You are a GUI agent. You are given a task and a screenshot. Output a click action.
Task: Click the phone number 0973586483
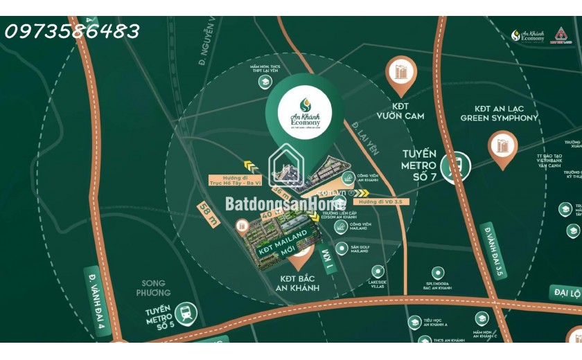pyautogui.click(x=71, y=31)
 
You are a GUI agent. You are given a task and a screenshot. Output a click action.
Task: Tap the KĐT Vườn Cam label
pyautogui.click(x=400, y=111)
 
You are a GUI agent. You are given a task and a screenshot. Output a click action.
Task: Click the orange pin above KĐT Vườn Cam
pyautogui.click(x=401, y=73)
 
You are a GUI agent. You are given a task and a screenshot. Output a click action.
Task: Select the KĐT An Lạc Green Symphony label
pyautogui.click(x=499, y=113)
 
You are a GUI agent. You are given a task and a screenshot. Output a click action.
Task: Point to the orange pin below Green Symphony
pyautogui.click(x=502, y=147)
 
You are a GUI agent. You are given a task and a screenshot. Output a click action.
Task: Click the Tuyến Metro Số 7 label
pyautogui.click(x=419, y=165)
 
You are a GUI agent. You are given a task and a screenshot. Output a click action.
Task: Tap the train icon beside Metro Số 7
pyautogui.click(x=457, y=165)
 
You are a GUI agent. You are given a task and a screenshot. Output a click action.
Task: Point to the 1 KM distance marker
pyautogui.click(x=328, y=262)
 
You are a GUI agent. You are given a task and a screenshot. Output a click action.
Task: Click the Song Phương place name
pyautogui.click(x=153, y=288)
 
